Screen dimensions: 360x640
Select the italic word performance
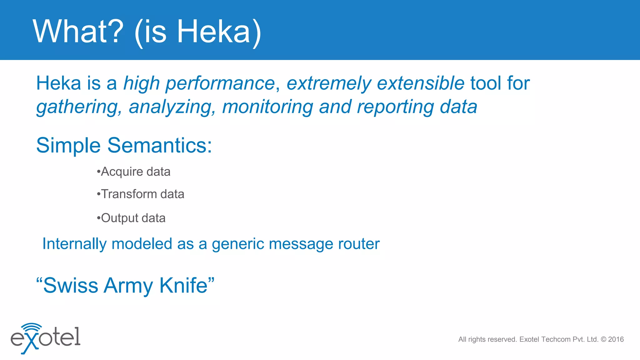(220, 84)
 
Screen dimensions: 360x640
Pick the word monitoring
(267, 107)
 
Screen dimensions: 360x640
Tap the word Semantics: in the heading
(159, 145)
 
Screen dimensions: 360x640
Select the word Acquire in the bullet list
(122, 172)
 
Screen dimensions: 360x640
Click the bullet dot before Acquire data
(98, 172)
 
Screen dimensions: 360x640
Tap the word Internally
(74, 244)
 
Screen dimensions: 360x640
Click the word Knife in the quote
(184, 285)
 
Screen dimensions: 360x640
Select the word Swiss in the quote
(71, 285)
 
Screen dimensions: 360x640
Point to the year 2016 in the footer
(616, 339)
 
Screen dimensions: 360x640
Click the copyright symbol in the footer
(603, 339)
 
